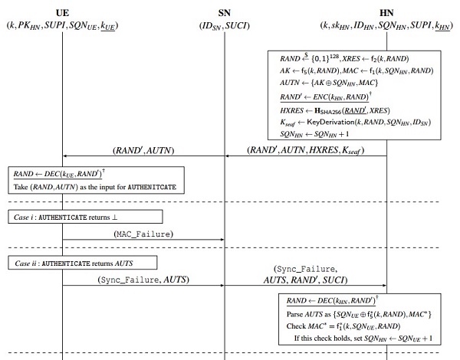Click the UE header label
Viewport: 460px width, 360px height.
coord(63,13)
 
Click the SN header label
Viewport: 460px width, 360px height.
coord(225,13)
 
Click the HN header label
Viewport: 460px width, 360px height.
coord(386,13)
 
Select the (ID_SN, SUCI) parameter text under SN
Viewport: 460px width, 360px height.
coord(225,26)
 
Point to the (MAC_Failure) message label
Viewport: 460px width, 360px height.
coord(143,232)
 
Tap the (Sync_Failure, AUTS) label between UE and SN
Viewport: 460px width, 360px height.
coord(143,280)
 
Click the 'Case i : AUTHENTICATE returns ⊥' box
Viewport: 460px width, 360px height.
coord(86,216)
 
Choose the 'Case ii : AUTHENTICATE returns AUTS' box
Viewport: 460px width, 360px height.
coord(84,263)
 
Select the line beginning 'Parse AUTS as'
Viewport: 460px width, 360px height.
coord(357,313)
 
